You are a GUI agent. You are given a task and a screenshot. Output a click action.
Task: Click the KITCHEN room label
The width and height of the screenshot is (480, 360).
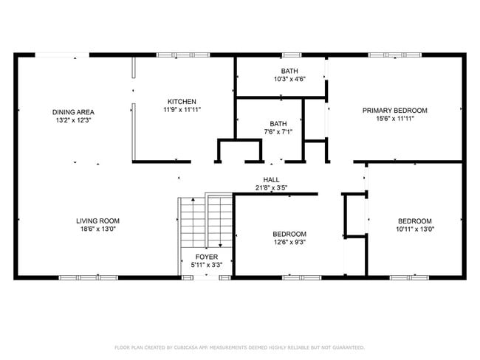click(182, 102)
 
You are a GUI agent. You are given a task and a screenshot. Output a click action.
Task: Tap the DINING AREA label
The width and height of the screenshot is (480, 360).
click(73, 112)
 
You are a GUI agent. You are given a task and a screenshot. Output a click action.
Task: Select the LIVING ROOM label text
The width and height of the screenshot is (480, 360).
click(98, 221)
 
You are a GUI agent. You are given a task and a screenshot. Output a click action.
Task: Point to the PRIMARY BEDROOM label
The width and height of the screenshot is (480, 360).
click(395, 111)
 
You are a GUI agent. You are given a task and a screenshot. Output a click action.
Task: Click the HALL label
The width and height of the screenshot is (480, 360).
click(271, 180)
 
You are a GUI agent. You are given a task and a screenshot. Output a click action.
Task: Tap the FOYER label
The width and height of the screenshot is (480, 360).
click(207, 257)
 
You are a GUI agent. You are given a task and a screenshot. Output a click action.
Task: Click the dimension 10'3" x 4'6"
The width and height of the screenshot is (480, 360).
click(289, 79)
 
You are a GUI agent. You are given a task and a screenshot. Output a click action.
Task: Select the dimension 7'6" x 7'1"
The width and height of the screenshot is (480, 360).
click(278, 132)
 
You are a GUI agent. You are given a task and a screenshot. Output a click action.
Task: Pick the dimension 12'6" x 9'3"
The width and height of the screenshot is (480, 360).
click(289, 242)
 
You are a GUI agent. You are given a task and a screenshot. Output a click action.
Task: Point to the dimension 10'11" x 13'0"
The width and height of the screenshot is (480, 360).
click(415, 229)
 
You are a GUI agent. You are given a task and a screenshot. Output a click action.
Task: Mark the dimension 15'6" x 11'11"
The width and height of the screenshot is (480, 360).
click(395, 118)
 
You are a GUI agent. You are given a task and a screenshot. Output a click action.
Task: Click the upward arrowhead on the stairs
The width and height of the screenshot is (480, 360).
click(193, 200)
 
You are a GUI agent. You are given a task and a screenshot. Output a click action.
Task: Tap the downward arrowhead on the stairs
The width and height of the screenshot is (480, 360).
click(220, 246)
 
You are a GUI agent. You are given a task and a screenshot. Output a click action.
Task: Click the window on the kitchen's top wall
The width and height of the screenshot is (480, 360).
click(183, 55)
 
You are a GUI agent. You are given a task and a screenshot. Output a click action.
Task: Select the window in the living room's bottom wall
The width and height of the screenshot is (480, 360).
click(89, 277)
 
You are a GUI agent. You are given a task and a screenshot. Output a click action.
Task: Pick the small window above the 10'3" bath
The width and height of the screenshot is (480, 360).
click(292, 55)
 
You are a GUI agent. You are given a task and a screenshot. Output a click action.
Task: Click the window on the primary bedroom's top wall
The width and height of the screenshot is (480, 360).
click(395, 55)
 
